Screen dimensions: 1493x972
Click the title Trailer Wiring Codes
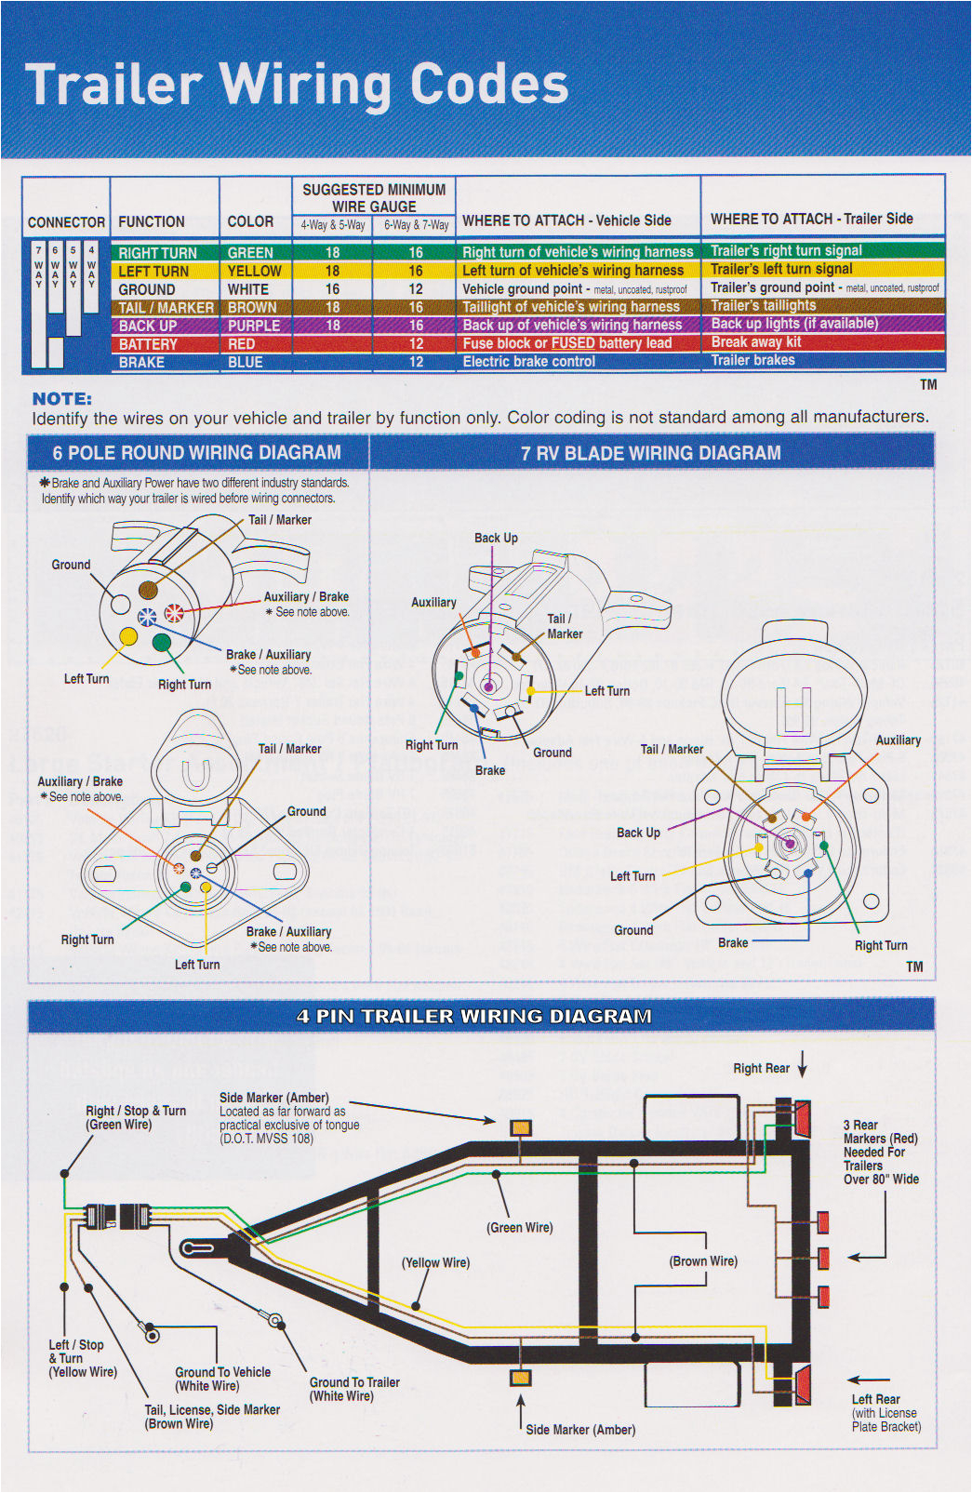(x=296, y=85)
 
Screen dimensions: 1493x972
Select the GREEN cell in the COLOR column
(x=250, y=253)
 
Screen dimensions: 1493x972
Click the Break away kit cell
(x=755, y=342)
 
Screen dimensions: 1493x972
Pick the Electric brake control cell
(x=528, y=362)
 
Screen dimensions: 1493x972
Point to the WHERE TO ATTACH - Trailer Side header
(x=811, y=219)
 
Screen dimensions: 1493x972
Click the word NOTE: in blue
(x=61, y=398)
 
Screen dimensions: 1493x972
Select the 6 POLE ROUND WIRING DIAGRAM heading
(x=196, y=453)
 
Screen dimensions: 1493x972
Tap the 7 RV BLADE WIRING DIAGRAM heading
(x=650, y=453)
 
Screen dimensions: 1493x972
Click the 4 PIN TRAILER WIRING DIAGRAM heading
(x=473, y=1016)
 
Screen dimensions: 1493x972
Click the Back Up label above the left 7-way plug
(x=496, y=538)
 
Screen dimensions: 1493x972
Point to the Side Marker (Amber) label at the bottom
(x=580, y=1429)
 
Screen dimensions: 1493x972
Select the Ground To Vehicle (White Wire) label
(x=222, y=1379)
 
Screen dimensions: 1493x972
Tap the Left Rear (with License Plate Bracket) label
(x=885, y=1412)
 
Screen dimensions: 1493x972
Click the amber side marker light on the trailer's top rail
(x=521, y=1128)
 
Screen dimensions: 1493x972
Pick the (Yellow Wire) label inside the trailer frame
(x=435, y=1262)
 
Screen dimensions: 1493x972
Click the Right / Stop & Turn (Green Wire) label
(x=135, y=1117)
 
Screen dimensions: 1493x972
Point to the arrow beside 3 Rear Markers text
(x=867, y=1257)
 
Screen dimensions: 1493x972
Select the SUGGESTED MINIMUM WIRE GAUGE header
(x=374, y=197)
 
